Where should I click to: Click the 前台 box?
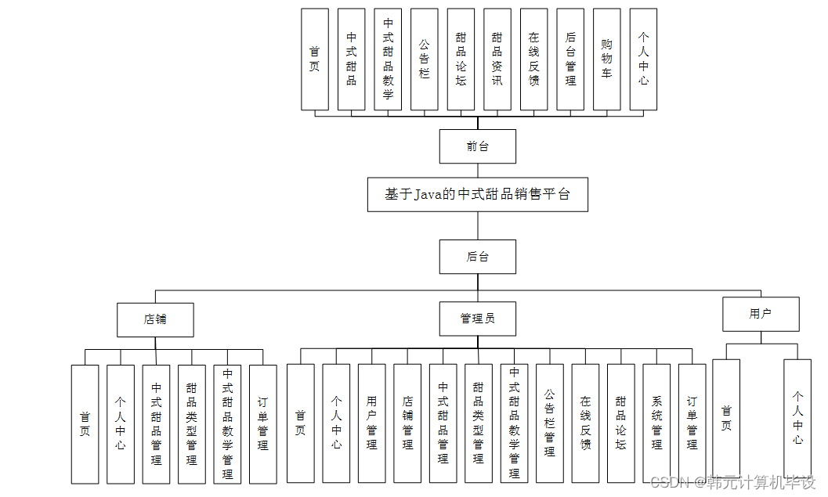pyautogui.click(x=477, y=146)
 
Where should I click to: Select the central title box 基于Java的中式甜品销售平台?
pyautogui.click(x=478, y=194)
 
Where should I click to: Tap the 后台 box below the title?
pyautogui.click(x=477, y=257)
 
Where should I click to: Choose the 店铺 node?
pyautogui.click(x=155, y=319)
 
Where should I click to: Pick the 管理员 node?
pyautogui.click(x=477, y=319)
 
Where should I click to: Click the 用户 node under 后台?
pyautogui.click(x=760, y=314)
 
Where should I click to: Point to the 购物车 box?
pyautogui.click(x=606, y=59)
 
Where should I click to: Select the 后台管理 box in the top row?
pyautogui.click(x=570, y=59)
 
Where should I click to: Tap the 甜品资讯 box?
pyautogui.click(x=497, y=59)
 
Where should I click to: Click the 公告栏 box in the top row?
pyautogui.click(x=424, y=59)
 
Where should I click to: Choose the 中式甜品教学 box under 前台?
pyautogui.click(x=388, y=59)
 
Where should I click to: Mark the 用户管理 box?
pyautogui.click(x=371, y=423)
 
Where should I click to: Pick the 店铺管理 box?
pyautogui.click(x=407, y=423)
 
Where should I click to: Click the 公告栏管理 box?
pyautogui.click(x=549, y=423)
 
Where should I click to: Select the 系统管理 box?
pyautogui.click(x=656, y=423)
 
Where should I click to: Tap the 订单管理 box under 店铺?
pyautogui.click(x=262, y=423)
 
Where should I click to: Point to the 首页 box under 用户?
pyautogui.click(x=726, y=418)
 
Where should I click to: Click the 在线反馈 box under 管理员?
pyautogui.click(x=585, y=423)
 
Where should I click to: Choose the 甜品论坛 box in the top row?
pyautogui.click(x=461, y=59)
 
